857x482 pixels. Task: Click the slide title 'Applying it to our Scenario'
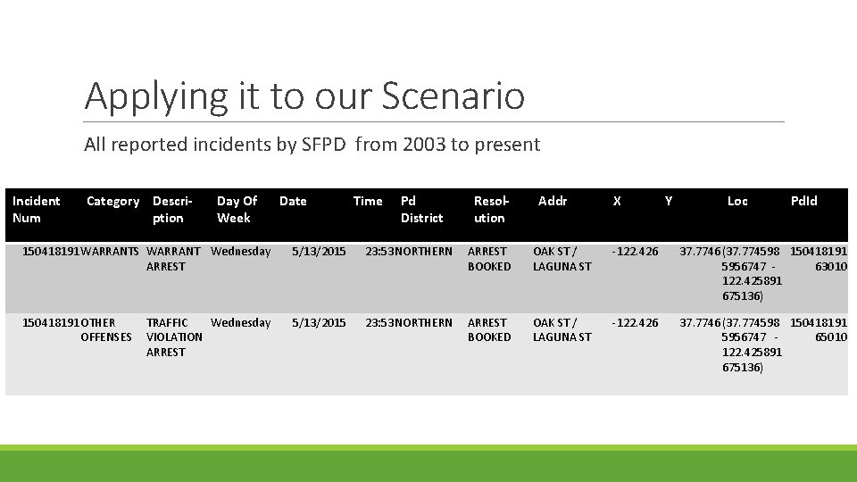pos(304,96)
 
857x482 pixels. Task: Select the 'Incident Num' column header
pos(37,210)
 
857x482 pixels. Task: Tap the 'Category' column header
pos(112,202)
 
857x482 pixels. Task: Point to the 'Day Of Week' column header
pos(237,210)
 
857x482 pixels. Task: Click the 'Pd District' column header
pos(421,210)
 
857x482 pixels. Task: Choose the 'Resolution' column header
pos(490,210)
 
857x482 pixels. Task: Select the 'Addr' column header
pos(553,202)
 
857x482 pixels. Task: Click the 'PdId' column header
pos(803,202)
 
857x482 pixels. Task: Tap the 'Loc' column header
pos(737,202)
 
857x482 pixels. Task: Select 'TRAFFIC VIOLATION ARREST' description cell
pos(174,337)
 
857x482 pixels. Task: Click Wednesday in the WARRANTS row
pos(241,252)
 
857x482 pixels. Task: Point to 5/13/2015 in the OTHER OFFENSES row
pos(319,323)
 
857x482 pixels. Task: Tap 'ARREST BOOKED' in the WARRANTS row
pos(489,259)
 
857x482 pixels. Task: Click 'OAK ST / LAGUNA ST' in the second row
pos(562,329)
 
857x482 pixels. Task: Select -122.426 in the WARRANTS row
pos(635,252)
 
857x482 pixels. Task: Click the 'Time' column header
pos(368,202)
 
